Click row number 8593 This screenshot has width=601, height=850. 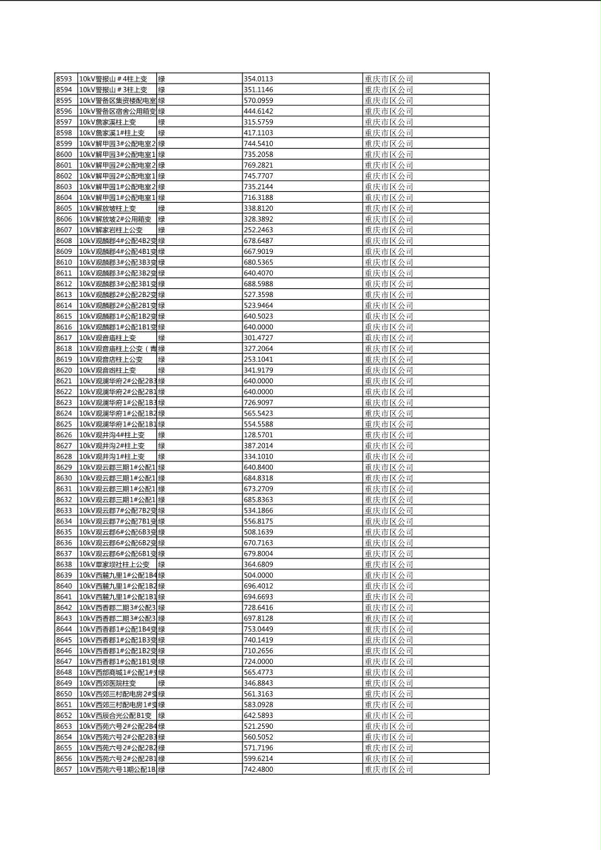click(x=64, y=79)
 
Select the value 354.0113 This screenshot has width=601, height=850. click(x=258, y=79)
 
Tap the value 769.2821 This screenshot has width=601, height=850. click(x=258, y=165)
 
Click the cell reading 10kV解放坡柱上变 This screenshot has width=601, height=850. click(x=108, y=208)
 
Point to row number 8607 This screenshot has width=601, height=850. click(x=64, y=230)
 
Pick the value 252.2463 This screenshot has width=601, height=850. click(x=258, y=230)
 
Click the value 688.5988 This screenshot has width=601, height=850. click(x=258, y=284)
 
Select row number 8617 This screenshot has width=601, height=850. click(x=64, y=337)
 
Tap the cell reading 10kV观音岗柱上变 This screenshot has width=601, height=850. click(x=108, y=370)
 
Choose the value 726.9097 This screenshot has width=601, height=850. click(x=258, y=402)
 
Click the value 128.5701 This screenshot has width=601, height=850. click(x=258, y=434)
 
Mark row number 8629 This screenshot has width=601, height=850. click(x=64, y=467)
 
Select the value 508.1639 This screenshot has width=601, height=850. click(x=258, y=531)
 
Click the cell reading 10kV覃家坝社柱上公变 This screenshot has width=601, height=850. click(x=115, y=564)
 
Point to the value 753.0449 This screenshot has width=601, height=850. click(x=258, y=628)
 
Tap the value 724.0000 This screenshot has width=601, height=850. click(x=258, y=661)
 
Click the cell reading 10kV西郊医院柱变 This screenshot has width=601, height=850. click(x=108, y=682)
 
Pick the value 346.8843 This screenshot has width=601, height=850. click(x=258, y=682)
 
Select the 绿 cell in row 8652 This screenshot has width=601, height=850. click(x=162, y=715)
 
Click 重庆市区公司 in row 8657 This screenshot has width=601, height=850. click(x=389, y=769)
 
